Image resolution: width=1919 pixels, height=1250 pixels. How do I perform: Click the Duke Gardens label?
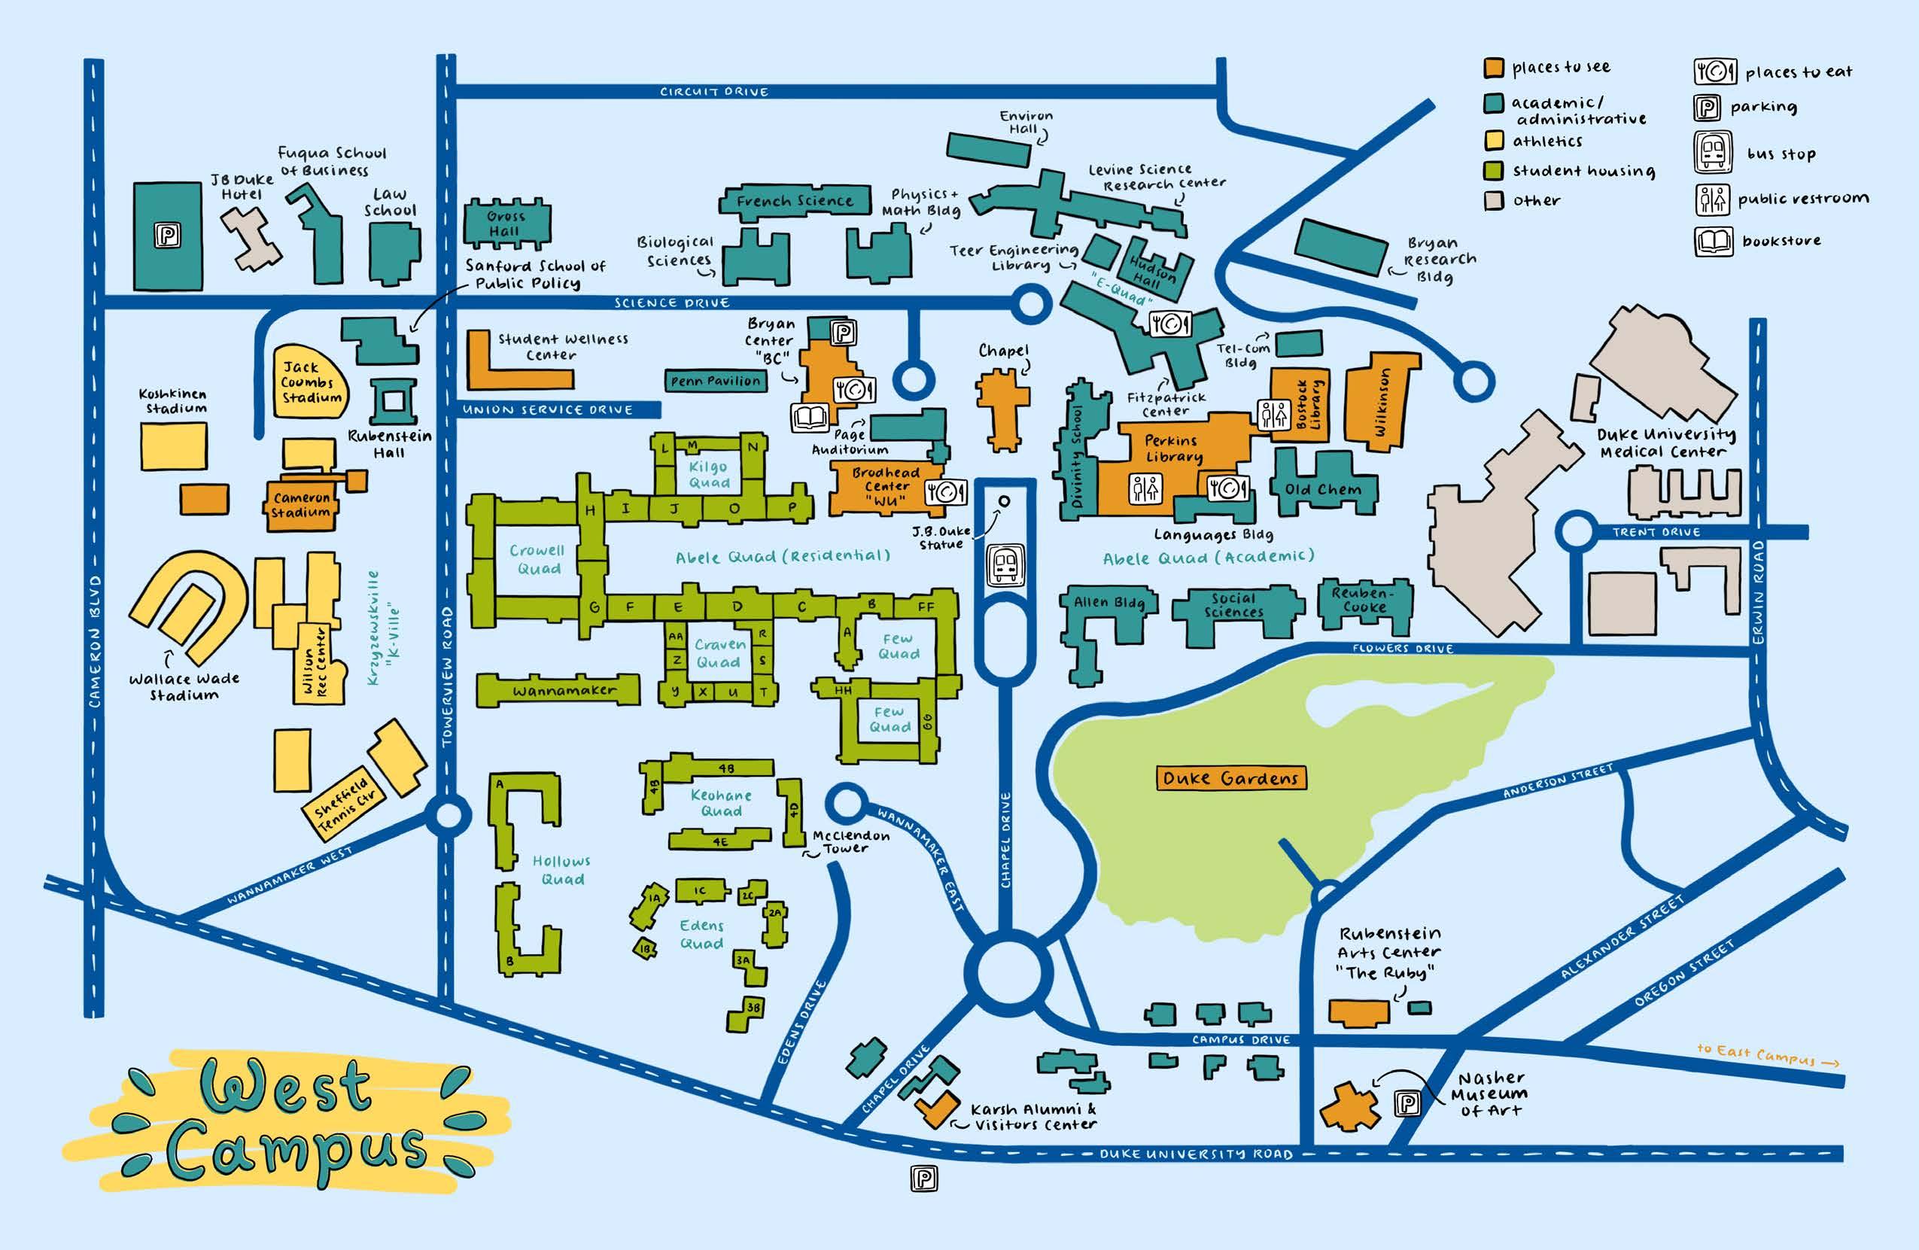point(1230,778)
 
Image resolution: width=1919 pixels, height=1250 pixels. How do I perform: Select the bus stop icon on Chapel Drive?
point(1005,564)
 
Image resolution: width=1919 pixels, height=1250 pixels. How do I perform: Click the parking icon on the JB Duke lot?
point(168,236)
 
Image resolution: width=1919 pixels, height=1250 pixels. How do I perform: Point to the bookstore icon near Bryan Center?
point(810,418)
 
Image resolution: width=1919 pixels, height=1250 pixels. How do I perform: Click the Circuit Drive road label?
point(713,92)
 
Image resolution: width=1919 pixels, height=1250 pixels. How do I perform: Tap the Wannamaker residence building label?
point(564,691)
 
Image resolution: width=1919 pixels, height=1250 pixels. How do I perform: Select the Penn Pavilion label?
point(715,381)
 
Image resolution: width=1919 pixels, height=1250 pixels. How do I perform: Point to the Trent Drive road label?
point(1656,532)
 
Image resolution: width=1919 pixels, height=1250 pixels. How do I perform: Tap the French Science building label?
point(794,201)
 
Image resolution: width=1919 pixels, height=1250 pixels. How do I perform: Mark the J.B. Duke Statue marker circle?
point(1005,500)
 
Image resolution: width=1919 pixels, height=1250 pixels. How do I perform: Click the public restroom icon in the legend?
point(1712,199)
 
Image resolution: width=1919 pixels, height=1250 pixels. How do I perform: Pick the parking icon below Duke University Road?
point(924,1179)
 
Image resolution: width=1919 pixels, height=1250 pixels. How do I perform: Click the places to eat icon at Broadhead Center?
point(945,491)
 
